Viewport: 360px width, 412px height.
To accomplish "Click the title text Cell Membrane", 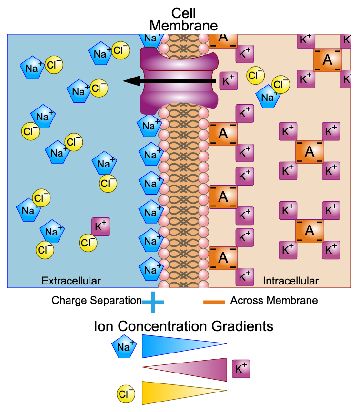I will coord(183,19).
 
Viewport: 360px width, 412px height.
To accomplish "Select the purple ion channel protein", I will coord(179,81).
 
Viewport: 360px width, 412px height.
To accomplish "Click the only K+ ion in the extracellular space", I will coord(101,227).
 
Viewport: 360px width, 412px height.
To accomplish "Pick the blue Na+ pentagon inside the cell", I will coord(268,97).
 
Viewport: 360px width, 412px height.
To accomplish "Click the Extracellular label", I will coord(71,281).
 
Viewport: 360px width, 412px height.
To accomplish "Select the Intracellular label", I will coord(290,281).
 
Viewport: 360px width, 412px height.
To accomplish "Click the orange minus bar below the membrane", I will coord(214,302).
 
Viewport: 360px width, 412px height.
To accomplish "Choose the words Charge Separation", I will coord(97,301).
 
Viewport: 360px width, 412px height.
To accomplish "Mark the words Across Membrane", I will coord(274,301).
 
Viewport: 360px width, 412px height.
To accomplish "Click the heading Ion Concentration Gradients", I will coord(183,326).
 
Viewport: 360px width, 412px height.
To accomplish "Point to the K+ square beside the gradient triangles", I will coord(241,369).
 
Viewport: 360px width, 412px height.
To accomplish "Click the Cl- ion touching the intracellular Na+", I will coord(280,85).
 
